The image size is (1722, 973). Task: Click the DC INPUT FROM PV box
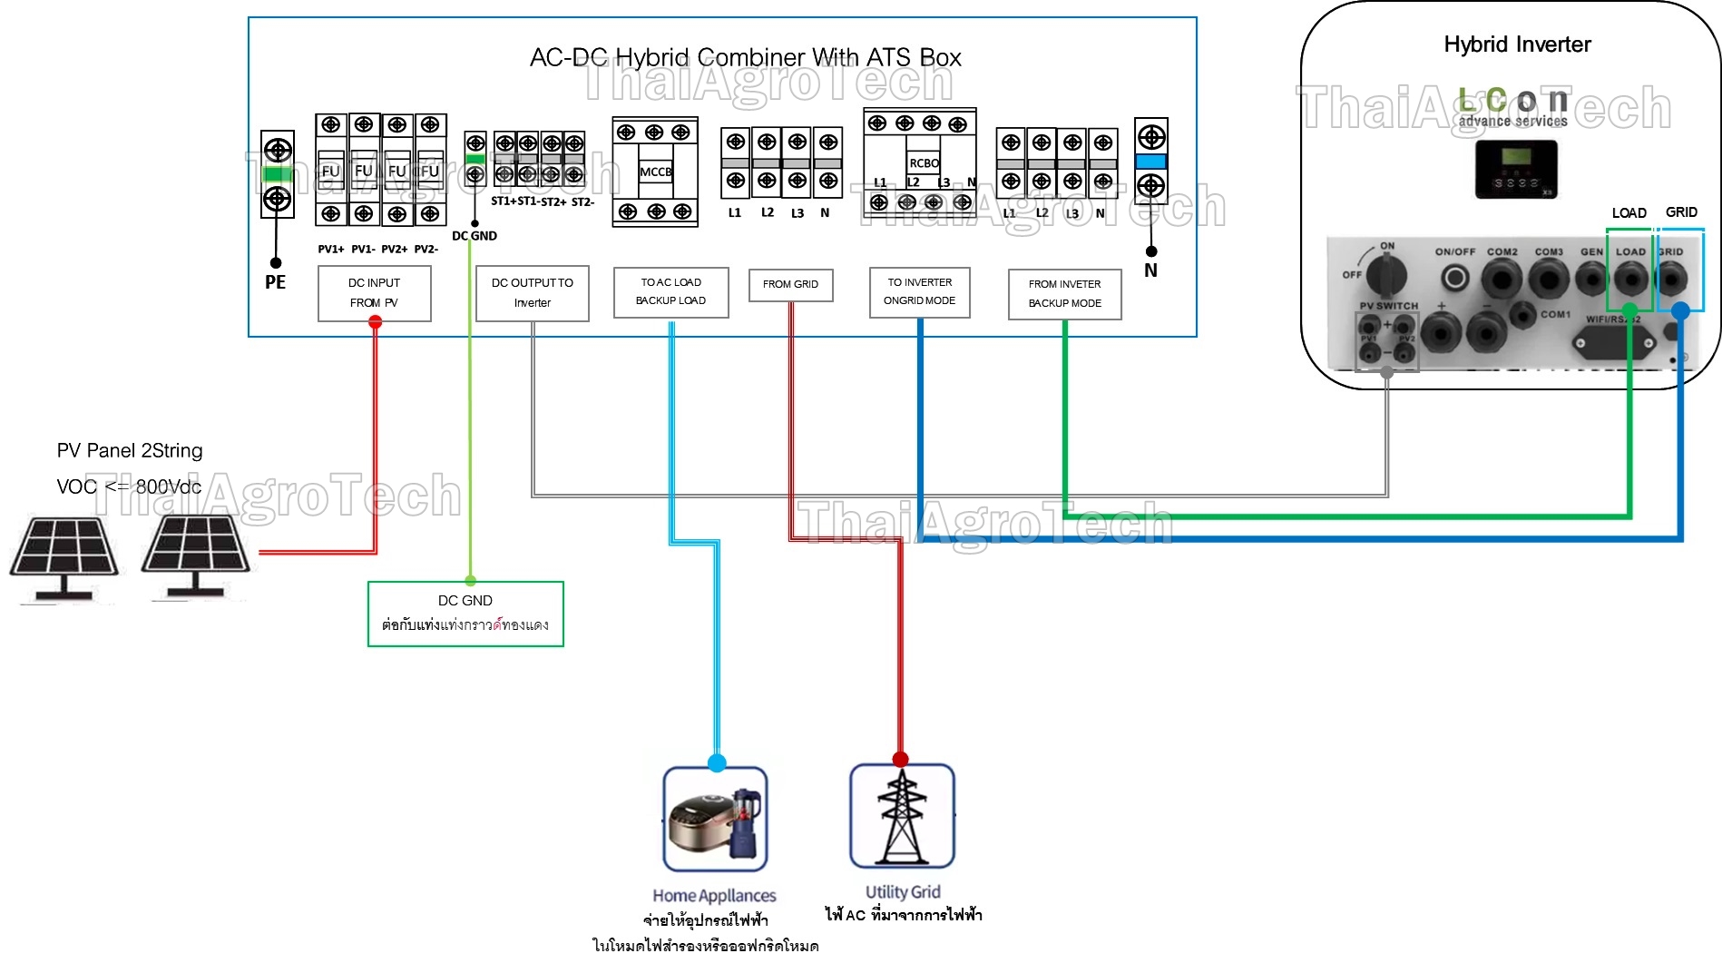click(x=374, y=293)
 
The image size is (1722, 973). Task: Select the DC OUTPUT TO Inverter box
click(x=533, y=293)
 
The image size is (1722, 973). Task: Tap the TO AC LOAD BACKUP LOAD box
click(x=670, y=291)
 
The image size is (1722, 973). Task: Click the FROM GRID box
click(x=790, y=284)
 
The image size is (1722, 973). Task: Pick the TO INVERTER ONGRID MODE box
click(x=919, y=291)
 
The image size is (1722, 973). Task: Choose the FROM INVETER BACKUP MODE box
click(x=1064, y=294)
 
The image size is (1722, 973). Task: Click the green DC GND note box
click(x=465, y=614)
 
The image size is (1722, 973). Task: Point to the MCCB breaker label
click(x=655, y=172)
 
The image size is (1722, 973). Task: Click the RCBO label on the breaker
click(x=924, y=163)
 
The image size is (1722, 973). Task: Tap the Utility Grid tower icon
click(x=902, y=816)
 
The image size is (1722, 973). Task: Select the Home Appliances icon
click(x=715, y=819)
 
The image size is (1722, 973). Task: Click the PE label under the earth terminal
click(x=275, y=282)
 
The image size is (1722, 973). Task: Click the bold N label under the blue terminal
click(x=1150, y=270)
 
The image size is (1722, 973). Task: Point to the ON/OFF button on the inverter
click(x=1455, y=277)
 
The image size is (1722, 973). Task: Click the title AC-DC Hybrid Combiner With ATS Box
click(x=745, y=58)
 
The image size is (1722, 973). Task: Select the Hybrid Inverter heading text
click(x=1517, y=44)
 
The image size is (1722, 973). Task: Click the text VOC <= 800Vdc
click(x=129, y=486)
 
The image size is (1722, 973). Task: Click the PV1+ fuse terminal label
click(x=330, y=249)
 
